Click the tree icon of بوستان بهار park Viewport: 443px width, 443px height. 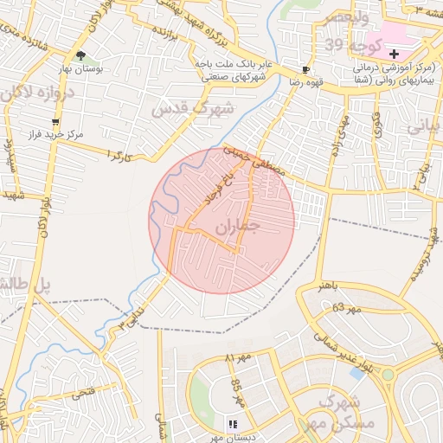tap(80, 56)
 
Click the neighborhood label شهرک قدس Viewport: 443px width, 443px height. tap(192, 109)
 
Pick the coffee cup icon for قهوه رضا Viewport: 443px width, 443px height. tap(305, 69)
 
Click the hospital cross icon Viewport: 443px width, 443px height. tap(394, 54)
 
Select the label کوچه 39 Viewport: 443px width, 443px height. tap(346, 44)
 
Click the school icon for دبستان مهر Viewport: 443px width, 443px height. tap(232, 423)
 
